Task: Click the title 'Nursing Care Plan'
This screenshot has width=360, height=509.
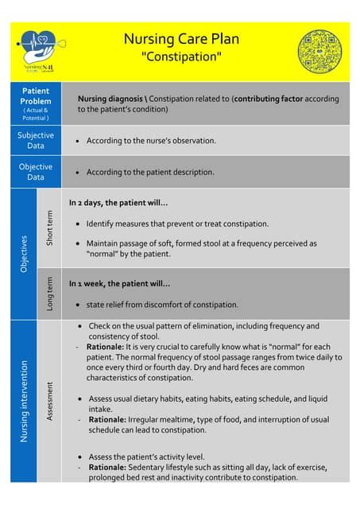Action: (x=180, y=39)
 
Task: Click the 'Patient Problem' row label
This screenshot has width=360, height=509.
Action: (x=36, y=103)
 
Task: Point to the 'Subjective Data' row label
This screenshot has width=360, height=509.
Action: (x=36, y=140)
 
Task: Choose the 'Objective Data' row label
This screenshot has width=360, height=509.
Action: (x=36, y=172)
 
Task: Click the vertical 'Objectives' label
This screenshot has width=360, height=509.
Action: (x=24, y=254)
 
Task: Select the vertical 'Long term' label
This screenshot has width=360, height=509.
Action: (x=49, y=293)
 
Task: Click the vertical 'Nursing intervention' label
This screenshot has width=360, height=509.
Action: (x=24, y=401)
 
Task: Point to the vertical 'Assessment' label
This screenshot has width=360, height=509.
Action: (x=49, y=401)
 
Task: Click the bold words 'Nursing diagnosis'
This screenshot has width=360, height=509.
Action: (x=107, y=99)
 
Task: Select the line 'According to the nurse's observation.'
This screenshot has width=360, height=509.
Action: (x=151, y=141)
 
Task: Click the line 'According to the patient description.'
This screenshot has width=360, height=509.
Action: (x=150, y=172)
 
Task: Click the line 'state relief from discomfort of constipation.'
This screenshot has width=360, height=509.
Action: (x=162, y=305)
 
